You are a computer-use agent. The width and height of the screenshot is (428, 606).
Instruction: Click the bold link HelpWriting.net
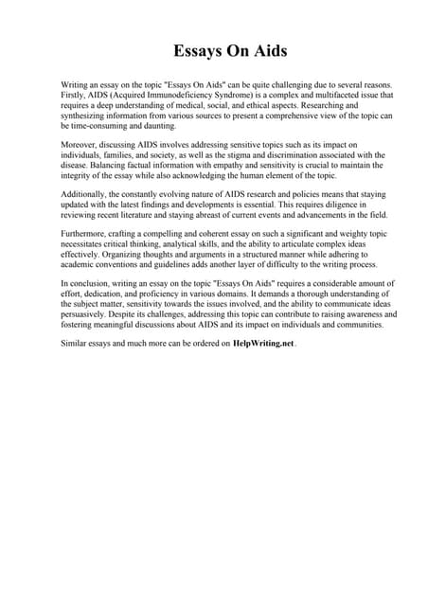coord(263,344)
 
